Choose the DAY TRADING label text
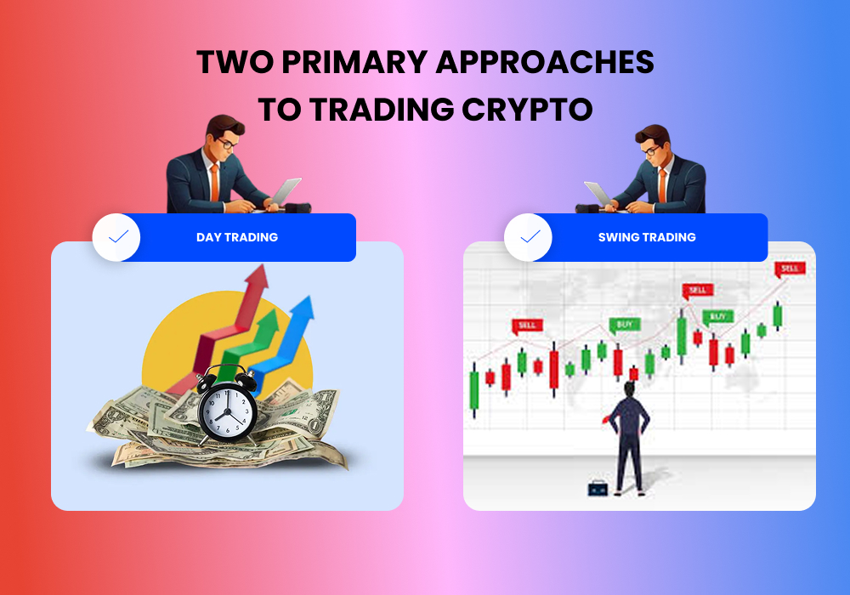[x=237, y=237]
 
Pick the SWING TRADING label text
[x=647, y=237]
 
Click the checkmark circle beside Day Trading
[x=116, y=237]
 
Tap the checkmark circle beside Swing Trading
[x=528, y=237]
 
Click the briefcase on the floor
[x=598, y=488]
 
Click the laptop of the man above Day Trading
[x=284, y=193]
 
